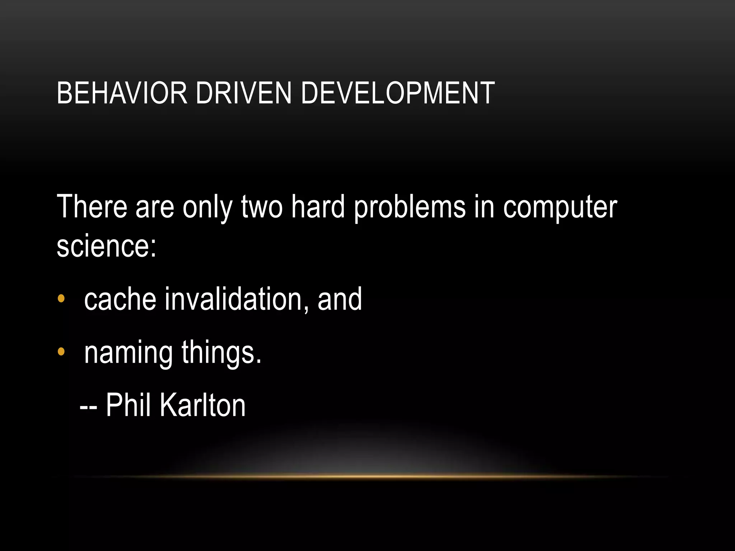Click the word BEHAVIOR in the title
[122, 93]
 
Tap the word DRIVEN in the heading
[243, 93]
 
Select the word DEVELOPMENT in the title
[398, 93]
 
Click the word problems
[409, 207]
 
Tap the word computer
[560, 207]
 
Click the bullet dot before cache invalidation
[61, 298]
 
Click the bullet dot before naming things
[61, 352]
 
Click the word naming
[128, 353]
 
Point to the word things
[221, 353]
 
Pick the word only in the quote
[207, 207]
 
